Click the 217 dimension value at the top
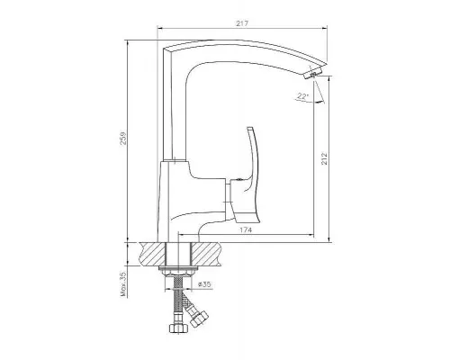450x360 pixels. (242, 23)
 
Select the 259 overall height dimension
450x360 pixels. (123, 139)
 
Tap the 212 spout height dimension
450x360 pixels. (324, 158)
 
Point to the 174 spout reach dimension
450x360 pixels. (246, 230)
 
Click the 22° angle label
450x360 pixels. (303, 96)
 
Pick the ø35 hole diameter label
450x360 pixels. (205, 284)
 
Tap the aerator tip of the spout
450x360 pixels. (313, 74)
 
